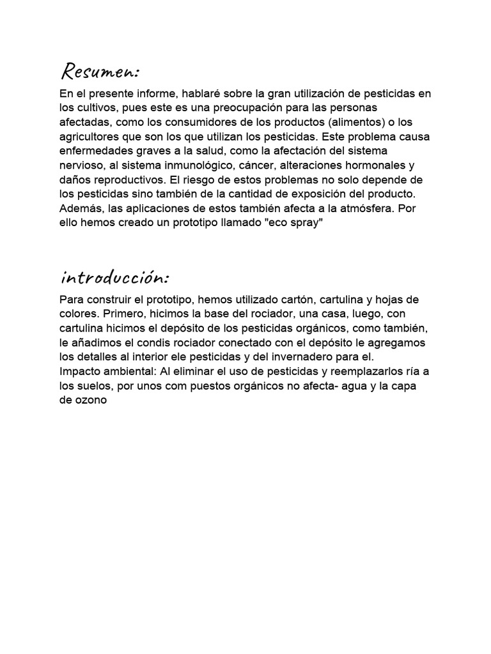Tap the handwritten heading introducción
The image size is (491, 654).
(x=114, y=277)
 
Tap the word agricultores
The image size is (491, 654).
(x=88, y=137)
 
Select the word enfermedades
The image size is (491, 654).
(x=95, y=151)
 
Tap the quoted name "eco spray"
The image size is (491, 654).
(x=292, y=224)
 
